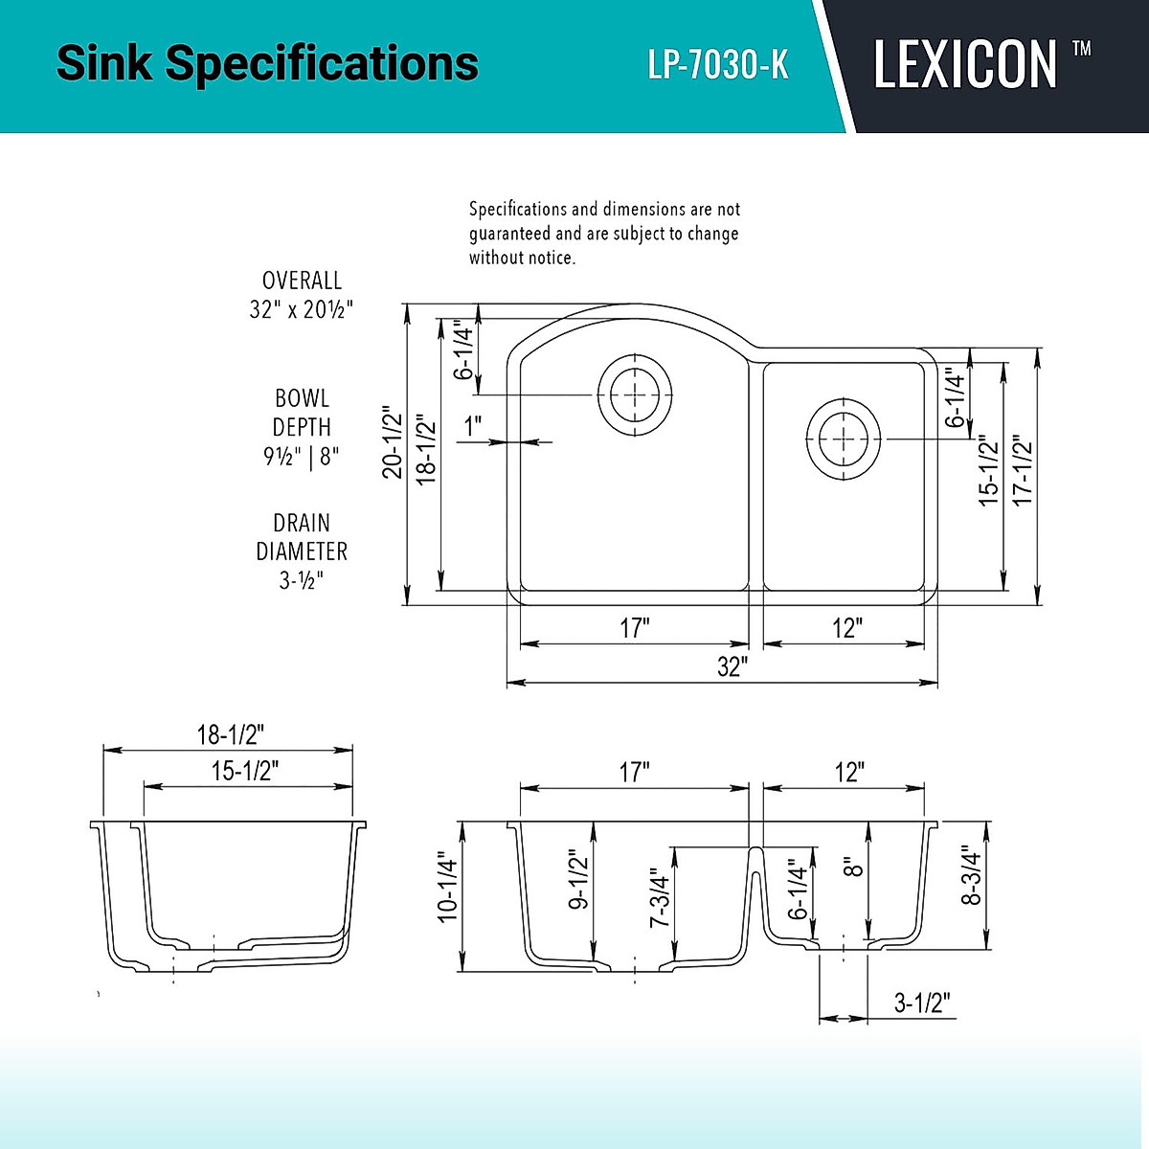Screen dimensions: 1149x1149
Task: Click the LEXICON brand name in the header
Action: pos(965,64)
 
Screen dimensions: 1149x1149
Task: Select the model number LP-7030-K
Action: pos(718,64)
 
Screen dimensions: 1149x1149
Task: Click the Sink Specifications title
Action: pos(267,63)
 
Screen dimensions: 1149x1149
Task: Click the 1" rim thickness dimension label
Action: pos(473,427)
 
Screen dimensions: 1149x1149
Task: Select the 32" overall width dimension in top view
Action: pos(732,667)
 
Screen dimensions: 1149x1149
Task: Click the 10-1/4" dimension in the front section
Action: pos(448,888)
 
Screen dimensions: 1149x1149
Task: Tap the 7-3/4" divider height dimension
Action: pos(660,898)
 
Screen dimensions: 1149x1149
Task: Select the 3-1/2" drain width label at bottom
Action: pos(922,1003)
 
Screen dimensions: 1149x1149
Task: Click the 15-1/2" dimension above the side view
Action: pos(245,771)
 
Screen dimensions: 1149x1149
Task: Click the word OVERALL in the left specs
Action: pos(302,281)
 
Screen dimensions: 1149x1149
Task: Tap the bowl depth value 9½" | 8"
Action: pos(302,456)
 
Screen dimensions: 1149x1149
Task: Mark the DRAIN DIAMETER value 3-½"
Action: pos(302,580)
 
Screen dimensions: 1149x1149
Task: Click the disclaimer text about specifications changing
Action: pos(604,233)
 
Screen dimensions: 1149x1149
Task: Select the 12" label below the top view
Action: pos(847,628)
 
